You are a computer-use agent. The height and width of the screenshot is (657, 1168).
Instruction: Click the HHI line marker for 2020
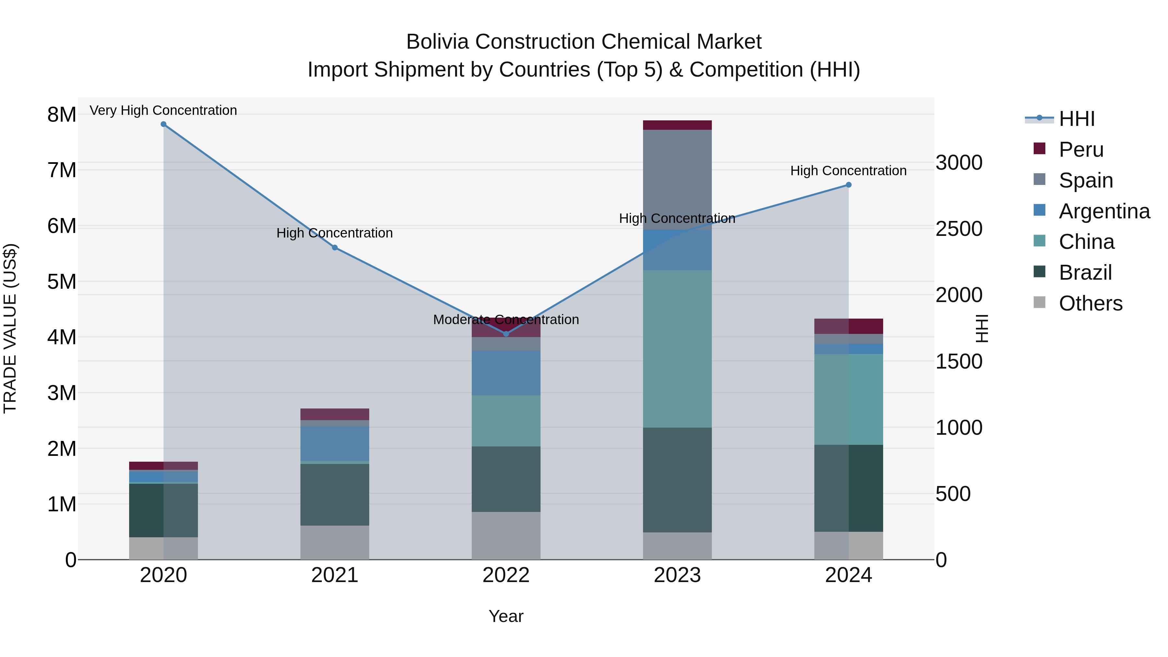point(164,124)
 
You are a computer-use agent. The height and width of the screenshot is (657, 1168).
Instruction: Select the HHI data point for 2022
point(506,334)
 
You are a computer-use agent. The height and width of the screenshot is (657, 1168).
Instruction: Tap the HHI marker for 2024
point(848,185)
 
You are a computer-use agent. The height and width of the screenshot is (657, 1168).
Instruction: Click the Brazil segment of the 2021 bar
point(335,494)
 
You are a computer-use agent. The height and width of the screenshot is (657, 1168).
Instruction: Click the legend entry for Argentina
point(1104,211)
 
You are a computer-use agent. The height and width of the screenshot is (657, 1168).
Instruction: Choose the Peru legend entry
point(1081,150)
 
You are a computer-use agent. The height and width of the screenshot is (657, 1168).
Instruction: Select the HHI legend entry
point(1077,119)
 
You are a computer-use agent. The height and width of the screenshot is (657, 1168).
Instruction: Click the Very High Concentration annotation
point(163,110)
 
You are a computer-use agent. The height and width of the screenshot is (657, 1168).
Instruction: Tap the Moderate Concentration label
point(506,320)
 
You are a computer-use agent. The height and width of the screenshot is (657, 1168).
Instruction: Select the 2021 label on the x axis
point(335,575)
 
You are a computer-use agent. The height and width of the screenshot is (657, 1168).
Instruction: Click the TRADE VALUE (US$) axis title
point(10,328)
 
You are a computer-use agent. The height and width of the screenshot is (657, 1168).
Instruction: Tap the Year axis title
point(506,616)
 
